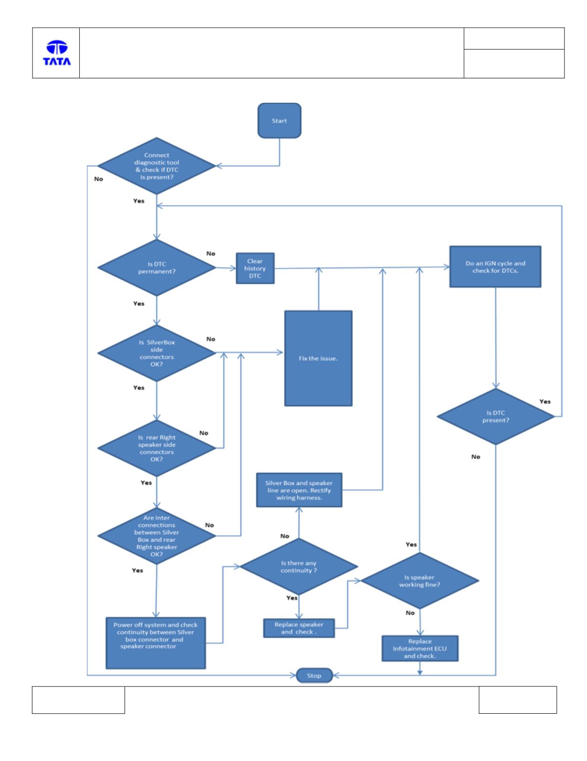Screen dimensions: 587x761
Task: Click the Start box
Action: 279,120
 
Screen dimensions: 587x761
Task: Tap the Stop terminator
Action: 314,675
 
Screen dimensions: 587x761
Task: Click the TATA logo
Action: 57,53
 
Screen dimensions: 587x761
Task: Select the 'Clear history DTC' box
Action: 255,268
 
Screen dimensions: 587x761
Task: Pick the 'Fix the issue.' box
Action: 318,358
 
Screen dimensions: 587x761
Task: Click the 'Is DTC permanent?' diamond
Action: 157,268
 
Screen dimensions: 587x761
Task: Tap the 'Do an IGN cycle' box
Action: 495,267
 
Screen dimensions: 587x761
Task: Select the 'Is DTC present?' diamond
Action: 496,417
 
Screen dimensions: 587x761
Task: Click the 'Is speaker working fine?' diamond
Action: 419,580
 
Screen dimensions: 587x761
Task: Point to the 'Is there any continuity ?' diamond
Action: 299,566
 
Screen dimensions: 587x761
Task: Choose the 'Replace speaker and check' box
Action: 299,628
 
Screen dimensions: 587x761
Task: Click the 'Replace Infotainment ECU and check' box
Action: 420,648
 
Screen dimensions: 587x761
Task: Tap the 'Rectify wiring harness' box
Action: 299,490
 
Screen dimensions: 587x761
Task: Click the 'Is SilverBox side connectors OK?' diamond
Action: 157,353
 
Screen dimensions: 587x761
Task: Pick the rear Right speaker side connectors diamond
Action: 157,448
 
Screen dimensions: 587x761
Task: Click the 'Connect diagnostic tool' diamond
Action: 157,166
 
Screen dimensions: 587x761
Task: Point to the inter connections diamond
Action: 157,536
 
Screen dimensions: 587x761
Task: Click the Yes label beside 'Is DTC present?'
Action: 545,401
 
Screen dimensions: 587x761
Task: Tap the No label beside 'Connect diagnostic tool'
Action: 99,179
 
